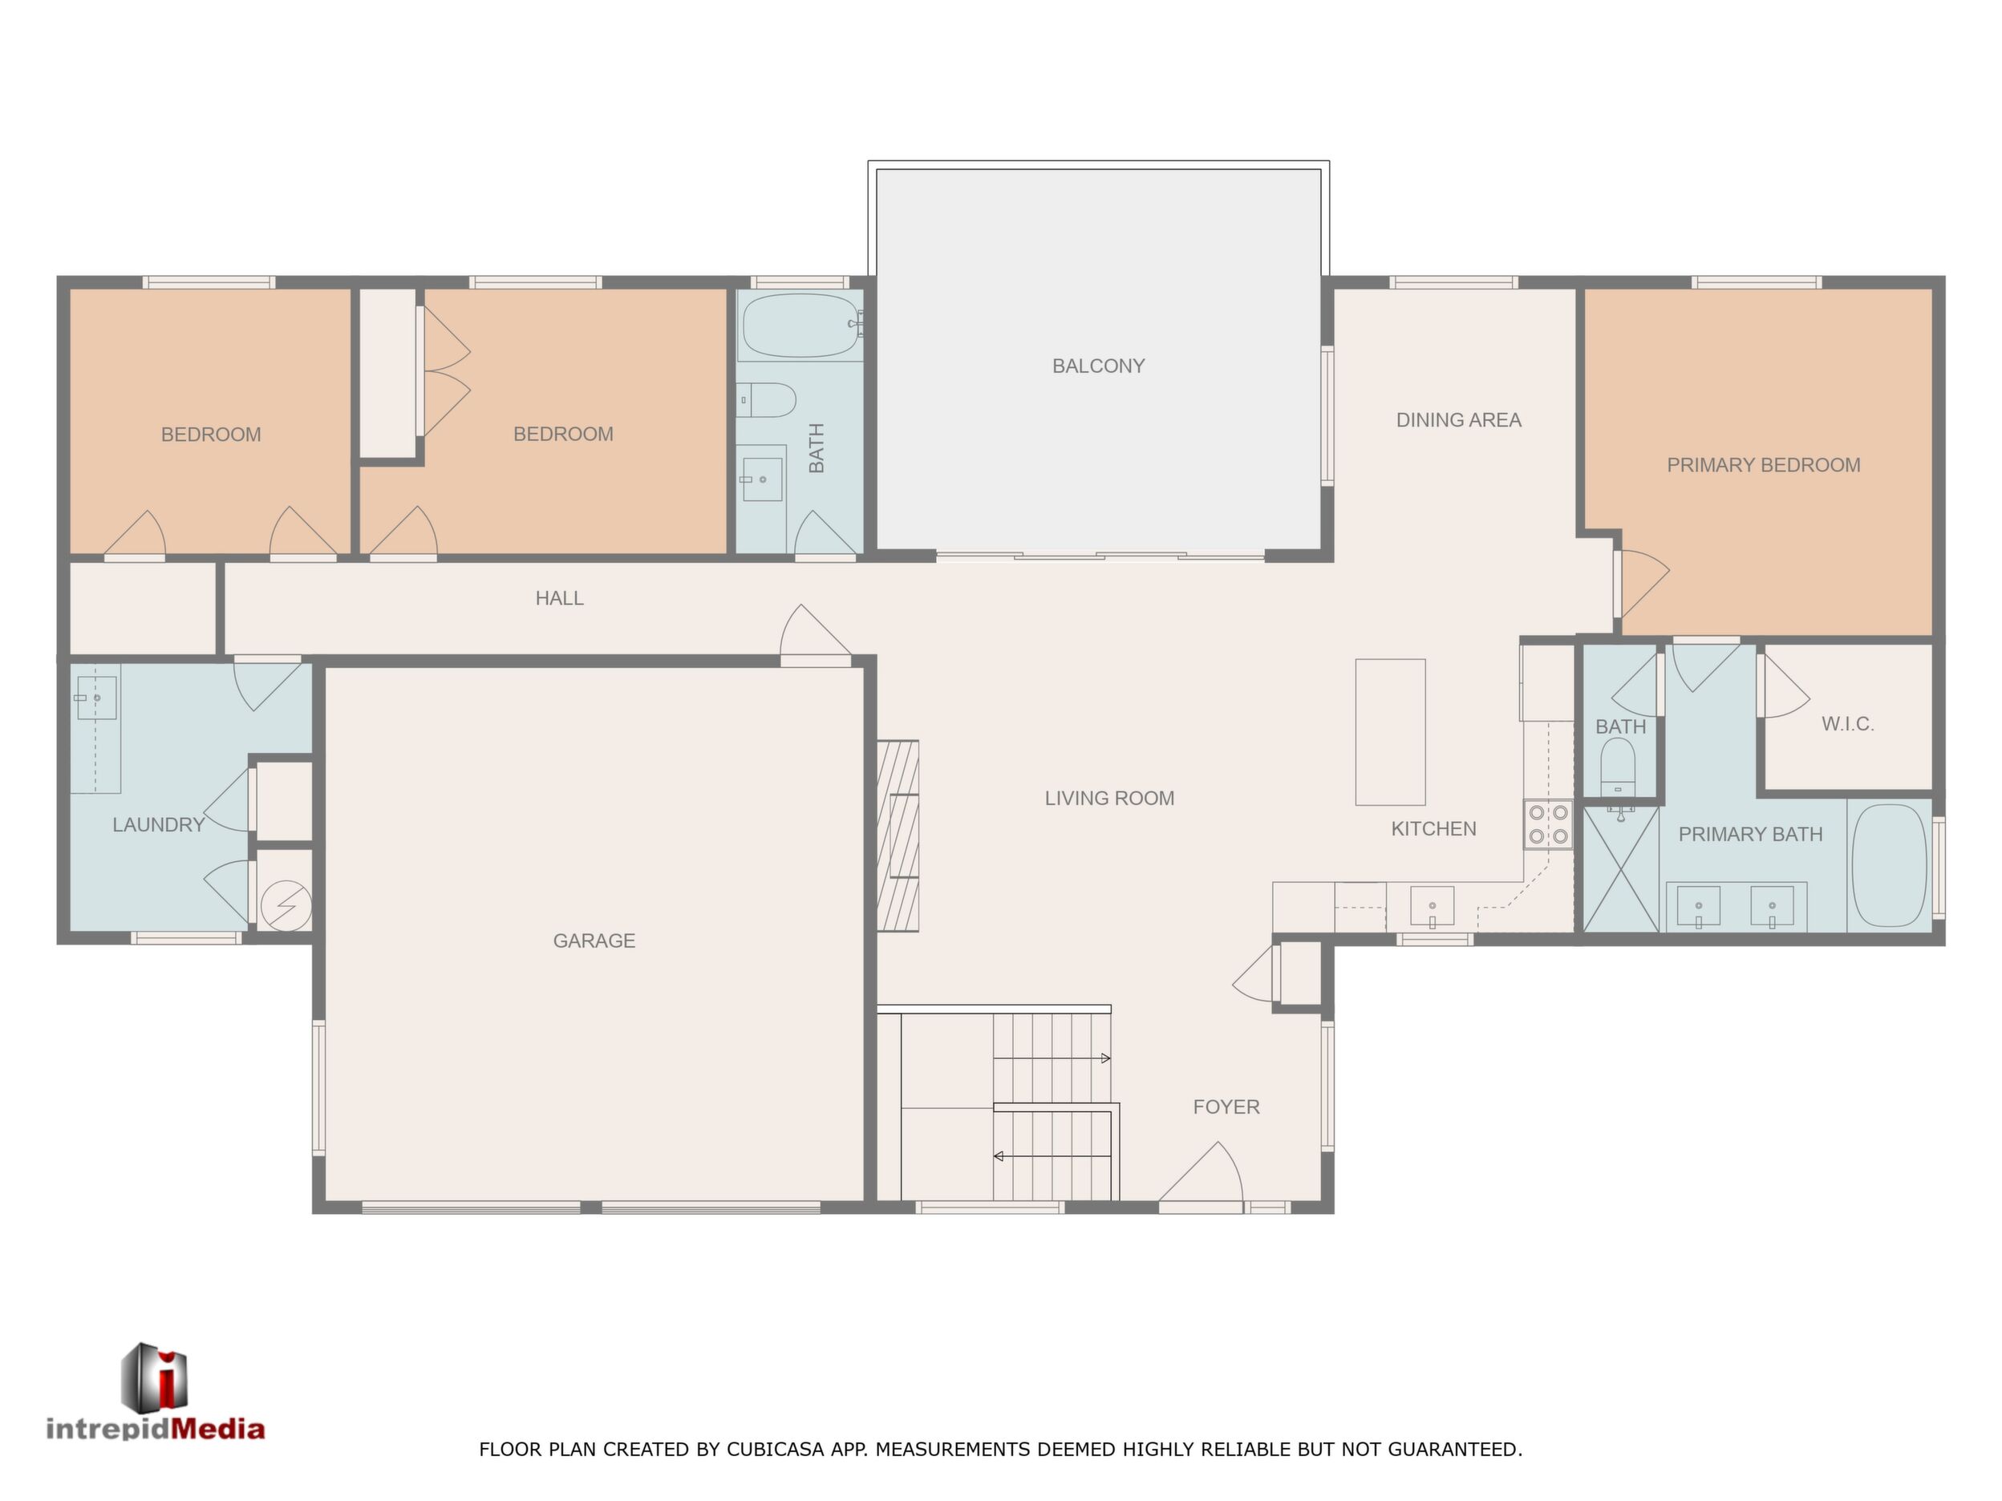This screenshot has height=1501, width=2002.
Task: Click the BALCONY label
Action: [x=1098, y=366]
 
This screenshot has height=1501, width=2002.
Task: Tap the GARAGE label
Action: [x=594, y=941]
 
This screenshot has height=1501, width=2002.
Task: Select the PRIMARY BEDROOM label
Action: [x=1763, y=465]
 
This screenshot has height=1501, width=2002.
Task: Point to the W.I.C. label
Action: [x=1847, y=724]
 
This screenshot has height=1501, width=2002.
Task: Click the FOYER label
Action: [x=1226, y=1107]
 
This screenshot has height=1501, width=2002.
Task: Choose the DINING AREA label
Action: [x=1458, y=420]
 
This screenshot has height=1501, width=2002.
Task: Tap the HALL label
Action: [x=559, y=598]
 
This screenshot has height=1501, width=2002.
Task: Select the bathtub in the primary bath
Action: [x=1889, y=866]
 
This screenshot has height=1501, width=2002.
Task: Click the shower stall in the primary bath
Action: [x=1620, y=869]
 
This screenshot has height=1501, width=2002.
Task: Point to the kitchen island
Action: [x=1389, y=732]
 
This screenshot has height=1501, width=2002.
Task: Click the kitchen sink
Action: [x=1432, y=907]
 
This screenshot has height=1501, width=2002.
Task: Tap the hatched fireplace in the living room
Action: [x=898, y=836]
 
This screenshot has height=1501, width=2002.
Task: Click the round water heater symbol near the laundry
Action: [x=286, y=906]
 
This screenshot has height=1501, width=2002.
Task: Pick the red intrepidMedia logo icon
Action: [x=155, y=1377]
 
